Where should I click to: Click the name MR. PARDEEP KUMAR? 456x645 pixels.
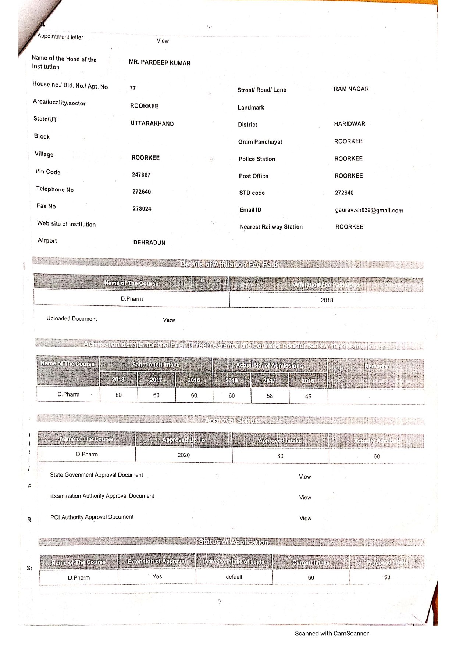pyautogui.click(x=160, y=63)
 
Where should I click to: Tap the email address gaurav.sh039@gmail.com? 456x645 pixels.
pyautogui.click(x=369, y=211)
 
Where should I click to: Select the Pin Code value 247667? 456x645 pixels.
pyautogui.click(x=141, y=175)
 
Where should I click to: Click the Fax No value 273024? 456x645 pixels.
pyautogui.click(x=142, y=209)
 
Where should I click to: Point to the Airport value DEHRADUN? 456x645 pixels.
pyautogui.click(x=149, y=243)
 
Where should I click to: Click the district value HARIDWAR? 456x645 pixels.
pyautogui.click(x=349, y=124)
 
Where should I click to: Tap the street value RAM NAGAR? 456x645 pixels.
pyautogui.click(x=351, y=89)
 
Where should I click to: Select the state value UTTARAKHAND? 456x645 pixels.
pyautogui.click(x=152, y=123)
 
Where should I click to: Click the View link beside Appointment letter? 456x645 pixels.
pyautogui.click(x=163, y=41)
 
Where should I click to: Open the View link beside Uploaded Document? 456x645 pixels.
pyautogui.click(x=169, y=320)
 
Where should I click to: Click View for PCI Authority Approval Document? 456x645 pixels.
pyautogui.click(x=305, y=518)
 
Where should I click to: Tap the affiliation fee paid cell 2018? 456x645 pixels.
pyautogui.click(x=327, y=300)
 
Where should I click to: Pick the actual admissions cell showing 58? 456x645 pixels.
pyautogui.click(x=270, y=396)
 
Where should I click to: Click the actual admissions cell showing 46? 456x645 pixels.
pyautogui.click(x=308, y=396)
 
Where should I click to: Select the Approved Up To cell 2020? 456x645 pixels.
pyautogui.click(x=184, y=455)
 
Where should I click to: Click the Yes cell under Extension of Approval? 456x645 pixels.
pyautogui.click(x=157, y=577)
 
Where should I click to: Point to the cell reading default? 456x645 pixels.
pyautogui.click(x=234, y=577)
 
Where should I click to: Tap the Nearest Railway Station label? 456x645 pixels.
pyautogui.click(x=271, y=227)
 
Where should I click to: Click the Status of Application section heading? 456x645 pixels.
pyautogui.click(x=233, y=542)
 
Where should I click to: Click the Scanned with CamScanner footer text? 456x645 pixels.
pyautogui.click(x=331, y=633)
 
